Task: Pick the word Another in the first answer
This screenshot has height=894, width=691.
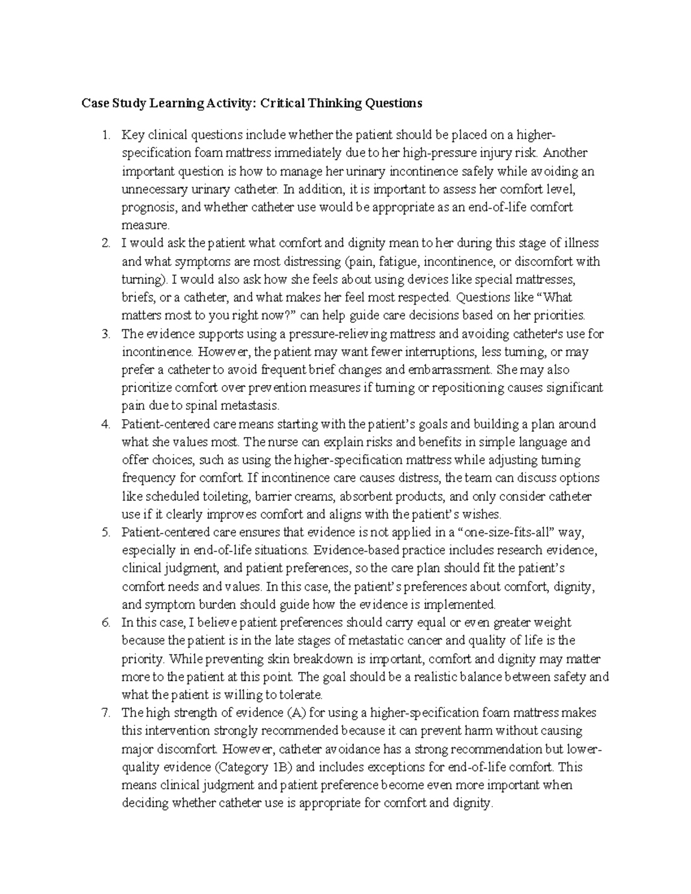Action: tap(565, 153)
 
